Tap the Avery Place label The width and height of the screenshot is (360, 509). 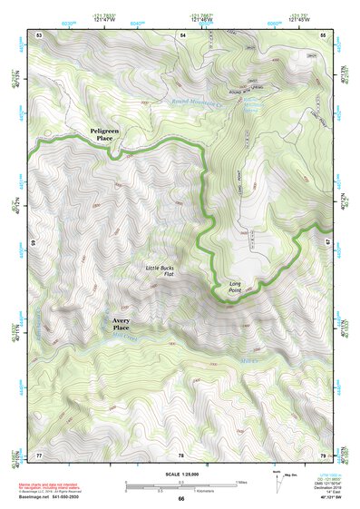[x=127, y=325]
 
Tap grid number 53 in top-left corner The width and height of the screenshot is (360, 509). [x=39, y=34]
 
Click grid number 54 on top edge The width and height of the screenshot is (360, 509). [x=181, y=34]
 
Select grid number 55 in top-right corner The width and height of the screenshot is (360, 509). [x=323, y=34]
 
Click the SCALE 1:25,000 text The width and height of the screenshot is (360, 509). [x=180, y=473]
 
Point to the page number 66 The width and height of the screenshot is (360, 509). [x=180, y=498]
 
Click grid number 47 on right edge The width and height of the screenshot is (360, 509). [x=328, y=242]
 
